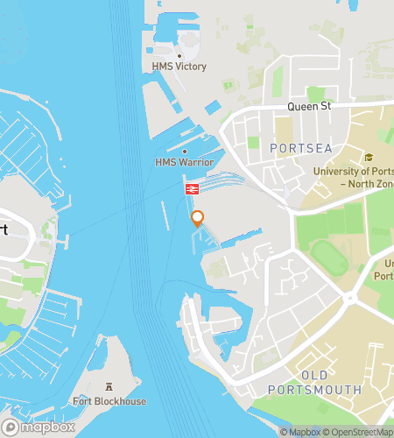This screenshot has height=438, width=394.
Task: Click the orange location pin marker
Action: point(198,219)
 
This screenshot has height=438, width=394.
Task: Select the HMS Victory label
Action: point(179,67)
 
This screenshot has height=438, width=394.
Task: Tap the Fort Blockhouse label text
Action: point(109,401)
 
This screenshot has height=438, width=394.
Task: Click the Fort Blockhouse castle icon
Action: point(109,386)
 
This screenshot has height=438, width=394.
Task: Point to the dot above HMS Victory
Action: point(179,55)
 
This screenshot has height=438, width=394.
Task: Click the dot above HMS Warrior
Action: point(184,151)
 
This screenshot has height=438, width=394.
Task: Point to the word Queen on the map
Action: point(302,107)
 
